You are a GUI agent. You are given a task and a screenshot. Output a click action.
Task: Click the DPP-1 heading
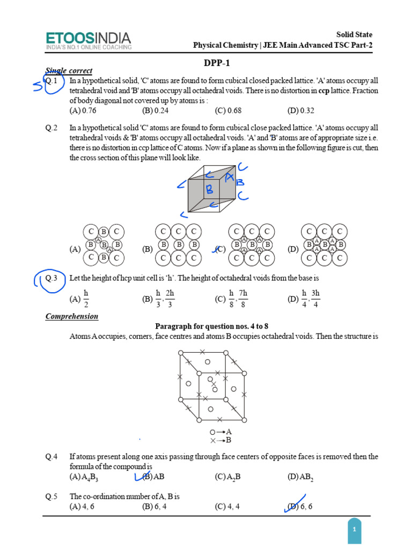point(217,63)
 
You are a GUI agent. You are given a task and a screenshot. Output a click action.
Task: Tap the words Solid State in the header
point(354,34)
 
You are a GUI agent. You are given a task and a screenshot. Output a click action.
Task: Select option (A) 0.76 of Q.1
point(83,111)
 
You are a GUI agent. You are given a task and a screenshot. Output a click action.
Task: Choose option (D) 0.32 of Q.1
point(300,111)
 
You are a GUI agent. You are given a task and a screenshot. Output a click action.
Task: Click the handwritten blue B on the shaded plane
point(210,189)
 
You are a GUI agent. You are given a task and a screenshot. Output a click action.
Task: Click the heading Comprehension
point(72,316)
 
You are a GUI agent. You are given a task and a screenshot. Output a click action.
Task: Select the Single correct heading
point(69,71)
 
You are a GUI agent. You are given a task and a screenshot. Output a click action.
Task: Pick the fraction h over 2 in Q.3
point(86,299)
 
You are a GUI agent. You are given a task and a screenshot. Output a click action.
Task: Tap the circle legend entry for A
point(220,432)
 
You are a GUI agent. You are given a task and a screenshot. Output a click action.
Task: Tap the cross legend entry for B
point(220,441)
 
